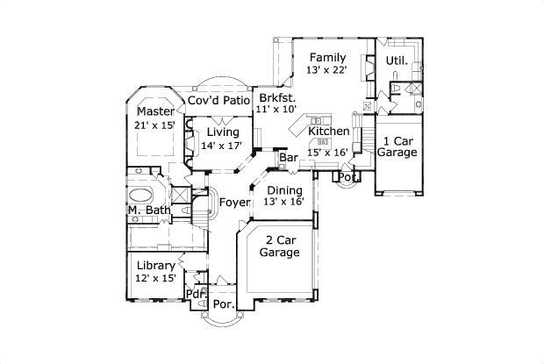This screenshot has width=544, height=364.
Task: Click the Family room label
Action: coord(327,58)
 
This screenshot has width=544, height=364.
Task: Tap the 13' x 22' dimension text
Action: coord(326,69)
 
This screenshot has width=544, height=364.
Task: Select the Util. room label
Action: coord(397,61)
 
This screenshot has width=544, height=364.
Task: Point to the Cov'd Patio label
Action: coord(219,100)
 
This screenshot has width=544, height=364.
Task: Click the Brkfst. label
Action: coord(277,97)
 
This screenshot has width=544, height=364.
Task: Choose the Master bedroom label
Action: coord(156,111)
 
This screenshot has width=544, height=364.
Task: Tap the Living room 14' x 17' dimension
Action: coord(221,146)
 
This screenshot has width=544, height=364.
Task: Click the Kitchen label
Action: coord(329,132)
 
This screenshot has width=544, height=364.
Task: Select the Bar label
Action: coord(289,158)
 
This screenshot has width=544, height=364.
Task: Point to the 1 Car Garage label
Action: coord(397,146)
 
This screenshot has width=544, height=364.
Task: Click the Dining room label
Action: coord(285,190)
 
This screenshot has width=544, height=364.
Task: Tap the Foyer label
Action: coord(235,203)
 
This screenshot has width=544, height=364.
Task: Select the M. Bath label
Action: coord(149,211)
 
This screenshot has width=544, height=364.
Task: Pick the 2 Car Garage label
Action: coord(280,246)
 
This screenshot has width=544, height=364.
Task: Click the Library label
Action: coord(156,266)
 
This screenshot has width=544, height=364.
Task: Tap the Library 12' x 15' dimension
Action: coord(155,278)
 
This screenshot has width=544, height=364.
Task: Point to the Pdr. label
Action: coord(197,294)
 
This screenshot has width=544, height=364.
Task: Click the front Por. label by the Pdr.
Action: coord(224,304)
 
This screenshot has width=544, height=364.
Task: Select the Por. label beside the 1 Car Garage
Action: coord(349,177)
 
